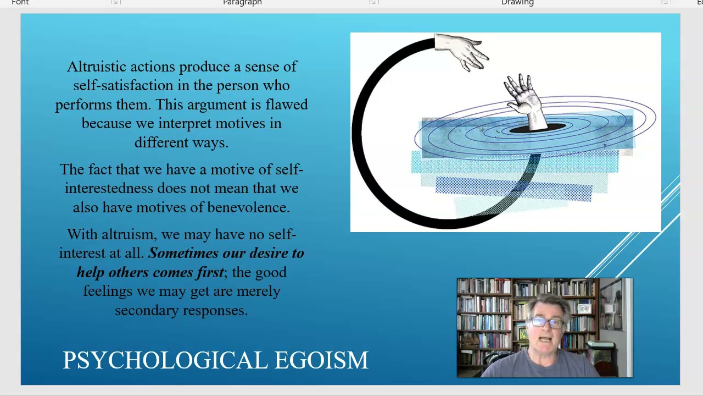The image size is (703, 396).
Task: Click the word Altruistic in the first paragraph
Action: (x=96, y=67)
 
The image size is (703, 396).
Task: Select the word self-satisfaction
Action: (x=123, y=86)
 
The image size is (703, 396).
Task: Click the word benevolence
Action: (x=248, y=207)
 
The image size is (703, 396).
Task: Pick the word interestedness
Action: (x=109, y=189)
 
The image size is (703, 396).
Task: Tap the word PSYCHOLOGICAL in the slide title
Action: (x=165, y=360)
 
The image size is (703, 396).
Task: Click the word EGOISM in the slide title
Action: (x=321, y=360)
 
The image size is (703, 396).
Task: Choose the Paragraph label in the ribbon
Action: (x=242, y=3)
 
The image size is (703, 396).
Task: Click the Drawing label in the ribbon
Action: (x=517, y=3)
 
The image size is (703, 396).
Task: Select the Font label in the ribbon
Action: (x=20, y=3)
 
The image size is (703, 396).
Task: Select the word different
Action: (x=160, y=142)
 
